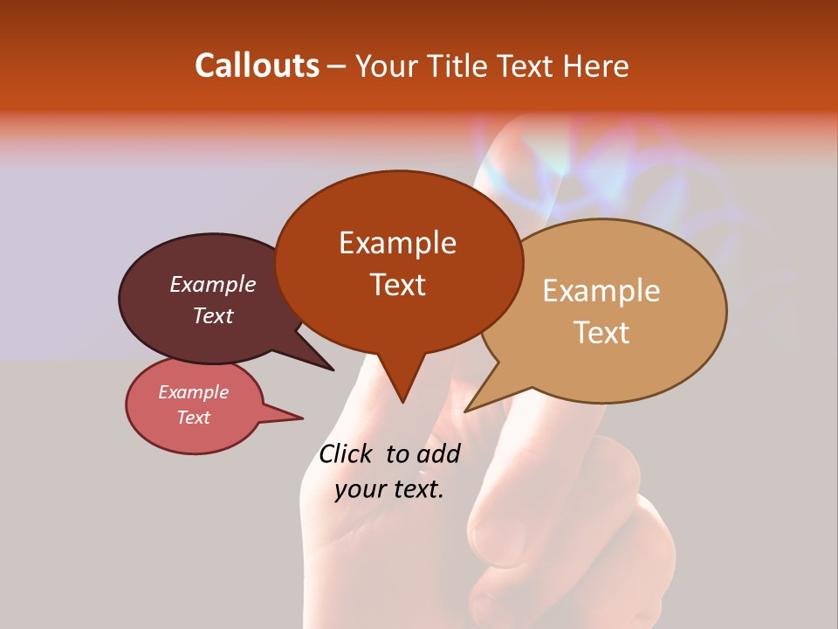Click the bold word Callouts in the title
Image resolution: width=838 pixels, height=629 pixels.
[x=257, y=66]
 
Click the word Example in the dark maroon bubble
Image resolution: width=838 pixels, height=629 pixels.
[x=213, y=284]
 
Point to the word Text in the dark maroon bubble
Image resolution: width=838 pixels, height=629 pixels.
[x=213, y=315]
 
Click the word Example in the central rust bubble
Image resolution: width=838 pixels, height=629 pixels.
[x=397, y=243]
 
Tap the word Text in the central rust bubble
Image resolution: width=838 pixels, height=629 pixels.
[x=397, y=284]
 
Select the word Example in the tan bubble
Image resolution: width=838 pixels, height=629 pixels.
[x=601, y=291]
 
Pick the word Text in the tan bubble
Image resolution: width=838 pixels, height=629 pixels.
[x=601, y=333]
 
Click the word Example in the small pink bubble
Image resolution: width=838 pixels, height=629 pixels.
[x=193, y=392]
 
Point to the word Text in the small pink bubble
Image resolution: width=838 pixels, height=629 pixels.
[x=193, y=418]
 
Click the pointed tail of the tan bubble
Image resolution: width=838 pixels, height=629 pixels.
[x=476, y=404]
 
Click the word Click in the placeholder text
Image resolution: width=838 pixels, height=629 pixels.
[x=347, y=453]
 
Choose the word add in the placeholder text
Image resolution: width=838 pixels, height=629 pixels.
[x=439, y=453]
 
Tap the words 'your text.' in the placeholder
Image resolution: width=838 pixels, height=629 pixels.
[x=389, y=489]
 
